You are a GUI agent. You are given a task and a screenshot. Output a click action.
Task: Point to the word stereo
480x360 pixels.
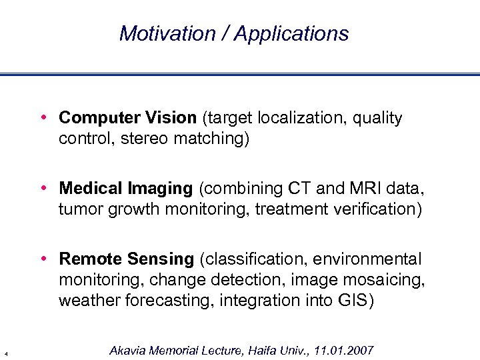pyautogui.click(x=142, y=140)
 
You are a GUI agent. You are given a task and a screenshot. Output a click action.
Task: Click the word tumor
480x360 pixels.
pyautogui.click(x=79, y=209)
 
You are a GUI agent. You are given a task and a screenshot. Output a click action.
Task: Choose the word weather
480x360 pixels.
pyautogui.click(x=87, y=301)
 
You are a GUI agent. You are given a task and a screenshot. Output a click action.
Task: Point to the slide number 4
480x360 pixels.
pyautogui.click(x=5, y=353)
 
